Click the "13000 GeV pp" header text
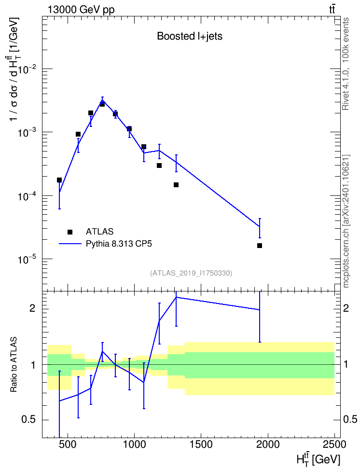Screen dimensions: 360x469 [x=81, y=10]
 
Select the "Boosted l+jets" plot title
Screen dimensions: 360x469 [x=190, y=36]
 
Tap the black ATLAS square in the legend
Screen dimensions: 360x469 [x=70, y=232]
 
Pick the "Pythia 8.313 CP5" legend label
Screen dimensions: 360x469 [x=119, y=244]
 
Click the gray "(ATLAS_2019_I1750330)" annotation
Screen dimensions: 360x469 [x=191, y=273]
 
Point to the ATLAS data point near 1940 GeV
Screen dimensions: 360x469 [x=260, y=246]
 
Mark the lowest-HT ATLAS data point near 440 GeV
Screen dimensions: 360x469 [x=59, y=180]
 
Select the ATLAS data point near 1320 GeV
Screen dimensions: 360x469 [x=176, y=185]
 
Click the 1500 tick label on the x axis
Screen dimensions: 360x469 [x=200, y=444]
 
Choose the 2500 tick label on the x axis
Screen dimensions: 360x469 [x=333, y=444]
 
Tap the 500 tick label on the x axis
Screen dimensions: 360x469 [x=68, y=444]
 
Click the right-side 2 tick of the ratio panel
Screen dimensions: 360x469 [x=346, y=308]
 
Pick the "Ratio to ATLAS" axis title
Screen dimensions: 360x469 [x=14, y=364]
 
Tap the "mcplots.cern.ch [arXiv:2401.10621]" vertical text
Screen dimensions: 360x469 [x=346, y=221]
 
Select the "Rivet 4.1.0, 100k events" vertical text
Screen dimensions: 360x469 [x=346, y=64]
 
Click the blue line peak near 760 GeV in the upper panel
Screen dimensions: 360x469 [x=102, y=100]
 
